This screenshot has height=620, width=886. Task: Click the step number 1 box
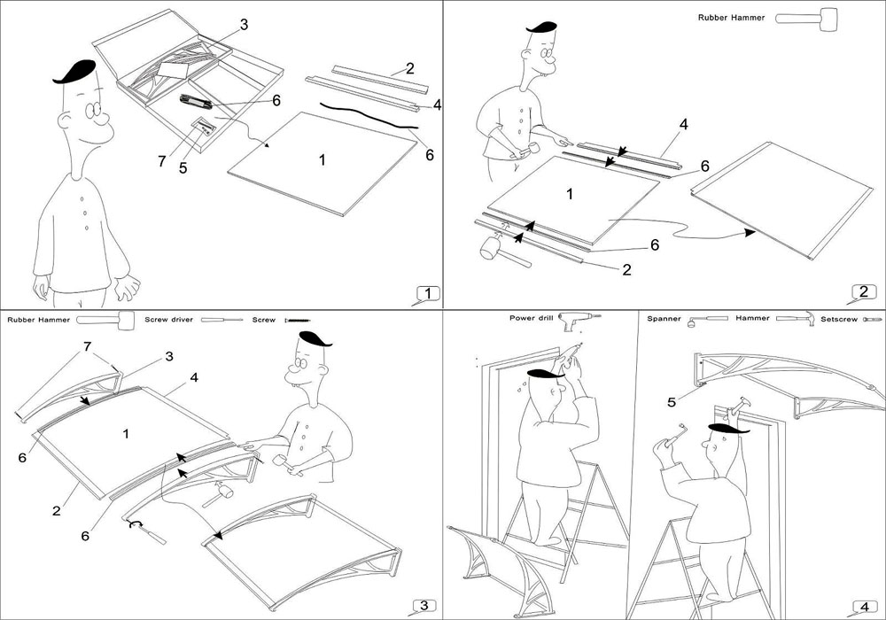coord(427,293)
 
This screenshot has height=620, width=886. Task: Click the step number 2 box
coord(866,291)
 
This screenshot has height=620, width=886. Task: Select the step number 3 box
coord(424,605)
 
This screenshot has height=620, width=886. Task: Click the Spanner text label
coord(664,318)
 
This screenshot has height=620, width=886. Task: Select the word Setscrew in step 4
coord(840,318)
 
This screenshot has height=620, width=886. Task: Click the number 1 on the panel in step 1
coord(322,159)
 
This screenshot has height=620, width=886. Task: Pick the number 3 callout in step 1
coord(244,23)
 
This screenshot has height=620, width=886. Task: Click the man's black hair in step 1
coord(76,72)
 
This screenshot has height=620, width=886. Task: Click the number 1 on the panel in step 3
coord(126,434)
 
